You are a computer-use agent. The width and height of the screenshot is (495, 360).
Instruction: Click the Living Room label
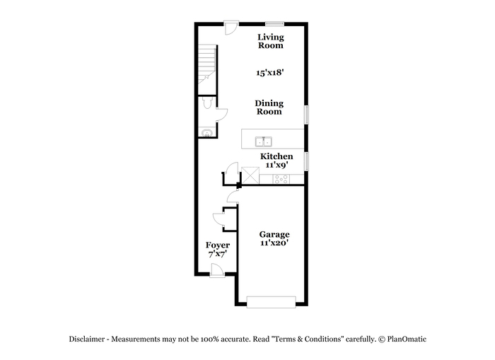271,41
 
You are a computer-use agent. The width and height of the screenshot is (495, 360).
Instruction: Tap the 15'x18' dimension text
270,73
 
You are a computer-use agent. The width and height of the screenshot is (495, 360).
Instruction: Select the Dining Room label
269,108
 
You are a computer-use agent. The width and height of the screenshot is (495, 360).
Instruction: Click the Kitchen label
276,156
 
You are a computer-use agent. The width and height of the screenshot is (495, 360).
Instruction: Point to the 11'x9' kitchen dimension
277,165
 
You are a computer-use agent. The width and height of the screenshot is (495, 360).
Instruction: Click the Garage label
274,235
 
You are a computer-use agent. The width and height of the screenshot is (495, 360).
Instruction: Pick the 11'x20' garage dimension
274,243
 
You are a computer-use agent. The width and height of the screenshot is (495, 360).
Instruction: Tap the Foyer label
218,245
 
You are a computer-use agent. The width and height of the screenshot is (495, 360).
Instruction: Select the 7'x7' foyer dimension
218,254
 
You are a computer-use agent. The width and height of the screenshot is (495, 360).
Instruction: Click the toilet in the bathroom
207,103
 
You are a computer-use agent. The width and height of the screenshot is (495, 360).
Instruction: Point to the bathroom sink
207,133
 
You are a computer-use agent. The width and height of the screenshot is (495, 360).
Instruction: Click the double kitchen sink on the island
264,141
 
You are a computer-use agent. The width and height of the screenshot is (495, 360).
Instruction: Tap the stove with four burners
281,179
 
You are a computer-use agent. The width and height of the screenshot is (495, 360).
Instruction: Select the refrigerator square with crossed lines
250,175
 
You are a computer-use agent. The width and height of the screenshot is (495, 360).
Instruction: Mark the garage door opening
271,302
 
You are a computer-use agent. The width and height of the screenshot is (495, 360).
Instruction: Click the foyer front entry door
217,272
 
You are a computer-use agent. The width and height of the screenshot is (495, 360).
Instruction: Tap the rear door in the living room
231,28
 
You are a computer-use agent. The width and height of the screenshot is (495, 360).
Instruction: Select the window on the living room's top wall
274,23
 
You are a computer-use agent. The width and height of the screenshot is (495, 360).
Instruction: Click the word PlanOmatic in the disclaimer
407,339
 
